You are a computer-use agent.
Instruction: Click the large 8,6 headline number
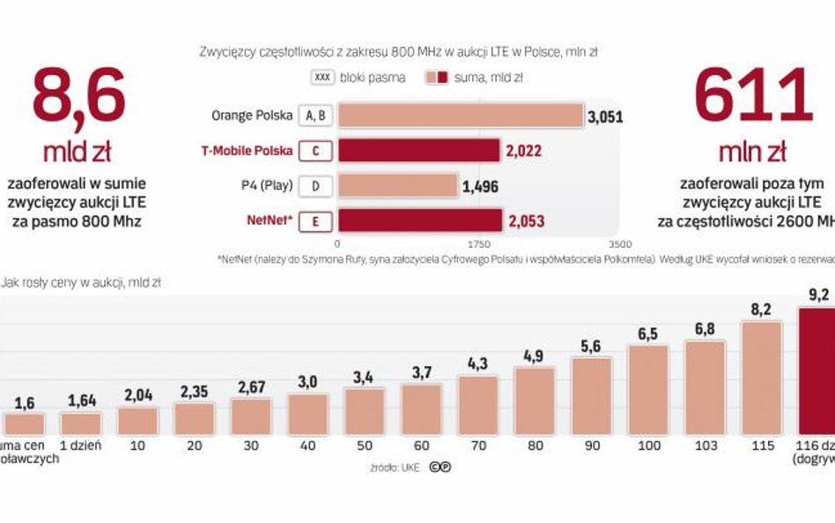[78, 96]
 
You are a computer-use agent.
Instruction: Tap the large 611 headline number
[752, 96]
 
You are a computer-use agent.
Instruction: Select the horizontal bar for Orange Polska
[461, 116]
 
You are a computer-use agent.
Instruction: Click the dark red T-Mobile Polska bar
[419, 151]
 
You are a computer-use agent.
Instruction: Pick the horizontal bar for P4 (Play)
[398, 185]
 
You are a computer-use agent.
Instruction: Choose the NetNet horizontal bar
[420, 220]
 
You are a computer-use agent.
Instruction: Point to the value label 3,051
[605, 116]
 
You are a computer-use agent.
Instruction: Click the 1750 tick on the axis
[478, 243]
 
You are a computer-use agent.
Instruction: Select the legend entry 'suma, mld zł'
[475, 78]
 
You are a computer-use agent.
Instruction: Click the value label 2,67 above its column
[251, 386]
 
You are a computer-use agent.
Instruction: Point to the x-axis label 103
[705, 445]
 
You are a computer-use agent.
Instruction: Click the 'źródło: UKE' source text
[395, 467]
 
